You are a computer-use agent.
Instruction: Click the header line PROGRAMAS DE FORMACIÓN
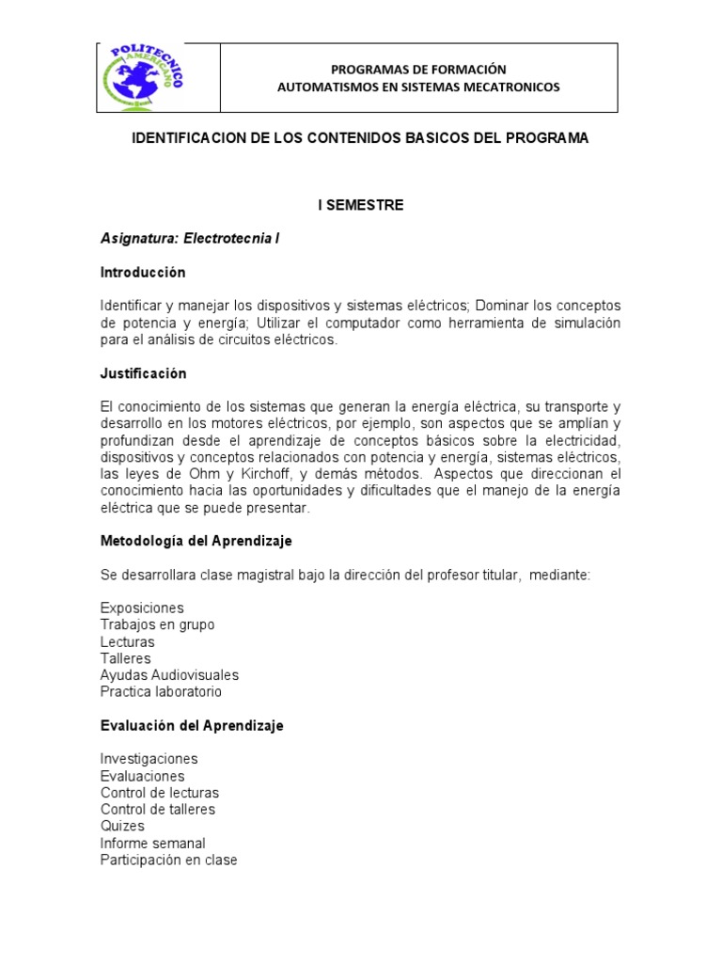click(x=418, y=69)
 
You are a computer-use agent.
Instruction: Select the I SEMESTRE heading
click(x=360, y=205)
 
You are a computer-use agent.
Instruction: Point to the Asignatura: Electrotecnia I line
click(x=190, y=239)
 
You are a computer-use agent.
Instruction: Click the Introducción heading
click(x=143, y=273)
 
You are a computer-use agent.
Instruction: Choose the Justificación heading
click(x=144, y=373)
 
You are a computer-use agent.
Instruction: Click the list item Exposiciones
click(x=142, y=608)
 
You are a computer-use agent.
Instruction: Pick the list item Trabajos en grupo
click(x=157, y=624)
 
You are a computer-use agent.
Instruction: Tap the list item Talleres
click(x=125, y=658)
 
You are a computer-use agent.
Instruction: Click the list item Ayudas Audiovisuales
click(x=169, y=675)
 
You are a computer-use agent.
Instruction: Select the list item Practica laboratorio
click(x=161, y=692)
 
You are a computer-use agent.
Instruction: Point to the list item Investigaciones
click(x=149, y=759)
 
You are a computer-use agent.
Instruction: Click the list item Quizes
click(x=122, y=826)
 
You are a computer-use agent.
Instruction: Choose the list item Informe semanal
click(x=152, y=843)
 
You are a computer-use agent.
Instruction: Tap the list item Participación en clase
click(x=168, y=860)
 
